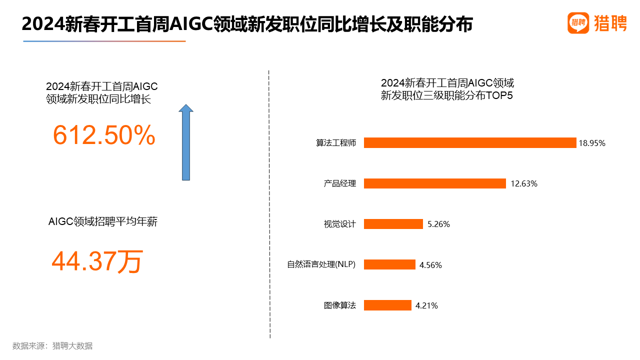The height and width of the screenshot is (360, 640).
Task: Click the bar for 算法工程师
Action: pyautogui.click(x=470, y=143)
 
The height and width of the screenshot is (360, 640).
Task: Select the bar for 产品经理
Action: pyautogui.click(x=435, y=183)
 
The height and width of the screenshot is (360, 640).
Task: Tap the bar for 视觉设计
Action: pyautogui.click(x=393, y=224)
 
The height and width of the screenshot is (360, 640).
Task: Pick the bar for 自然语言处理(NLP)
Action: pyautogui.click(x=389, y=264)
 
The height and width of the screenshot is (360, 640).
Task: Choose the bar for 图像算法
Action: pyautogui.click(x=387, y=305)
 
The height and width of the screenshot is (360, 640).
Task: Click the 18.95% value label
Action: pyautogui.click(x=592, y=143)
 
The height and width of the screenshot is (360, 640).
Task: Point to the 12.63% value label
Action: pyautogui.click(x=523, y=183)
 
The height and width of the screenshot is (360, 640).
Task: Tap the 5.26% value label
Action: pyautogui.click(x=438, y=224)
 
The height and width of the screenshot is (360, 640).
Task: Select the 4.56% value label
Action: pyautogui.click(x=430, y=265)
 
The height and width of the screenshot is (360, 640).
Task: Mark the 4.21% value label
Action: pyautogui.click(x=426, y=305)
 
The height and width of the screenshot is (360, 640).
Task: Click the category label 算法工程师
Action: pyautogui.click(x=336, y=143)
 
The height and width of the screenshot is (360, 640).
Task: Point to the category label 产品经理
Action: pyautogui.click(x=340, y=183)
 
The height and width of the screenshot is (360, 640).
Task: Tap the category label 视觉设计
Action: pyautogui.click(x=340, y=224)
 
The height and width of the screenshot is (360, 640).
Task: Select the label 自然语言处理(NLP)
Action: pyautogui.click(x=321, y=264)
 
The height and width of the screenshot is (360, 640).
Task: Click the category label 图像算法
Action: pyautogui.click(x=340, y=305)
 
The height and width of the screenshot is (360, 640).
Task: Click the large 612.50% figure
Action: pyautogui.click(x=104, y=135)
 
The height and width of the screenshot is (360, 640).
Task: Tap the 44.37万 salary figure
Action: pyautogui.click(x=97, y=261)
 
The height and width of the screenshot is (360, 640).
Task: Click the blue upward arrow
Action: pyautogui.click(x=186, y=142)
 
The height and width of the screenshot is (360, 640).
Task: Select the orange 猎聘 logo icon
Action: pyautogui.click(x=578, y=22)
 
